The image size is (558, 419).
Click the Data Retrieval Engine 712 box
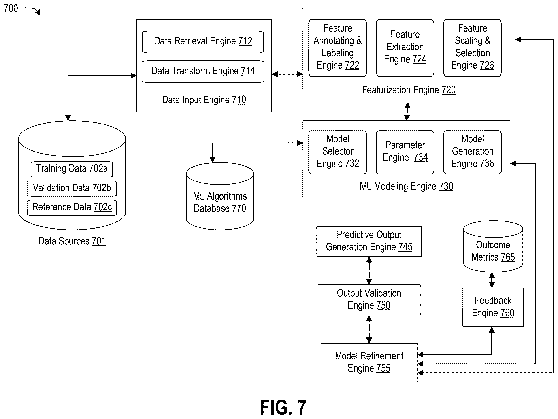click(203, 42)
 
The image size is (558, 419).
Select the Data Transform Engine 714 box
click(203, 71)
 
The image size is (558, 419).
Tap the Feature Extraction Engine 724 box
click(405, 48)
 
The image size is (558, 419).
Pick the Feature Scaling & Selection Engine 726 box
click(472, 48)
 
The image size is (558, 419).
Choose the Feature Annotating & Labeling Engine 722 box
click(338, 48)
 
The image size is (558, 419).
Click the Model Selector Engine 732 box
click(338, 152)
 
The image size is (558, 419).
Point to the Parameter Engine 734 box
click(405, 152)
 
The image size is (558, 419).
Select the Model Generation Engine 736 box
click(472, 152)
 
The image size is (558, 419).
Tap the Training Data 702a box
click(72, 169)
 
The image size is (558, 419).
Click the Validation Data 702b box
click(72, 188)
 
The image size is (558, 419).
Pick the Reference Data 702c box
click(72, 208)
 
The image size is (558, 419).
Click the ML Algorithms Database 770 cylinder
click(220, 196)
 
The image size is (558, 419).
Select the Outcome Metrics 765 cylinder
click(493, 246)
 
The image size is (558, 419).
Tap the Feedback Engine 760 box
click(493, 307)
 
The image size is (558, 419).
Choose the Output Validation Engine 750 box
click(369, 300)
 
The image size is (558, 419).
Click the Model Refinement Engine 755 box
click(369, 362)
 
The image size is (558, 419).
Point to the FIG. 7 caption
click(283, 407)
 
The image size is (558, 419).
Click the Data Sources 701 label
click(72, 241)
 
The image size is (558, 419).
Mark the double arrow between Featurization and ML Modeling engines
click(407, 111)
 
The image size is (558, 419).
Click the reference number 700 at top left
click(11, 8)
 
